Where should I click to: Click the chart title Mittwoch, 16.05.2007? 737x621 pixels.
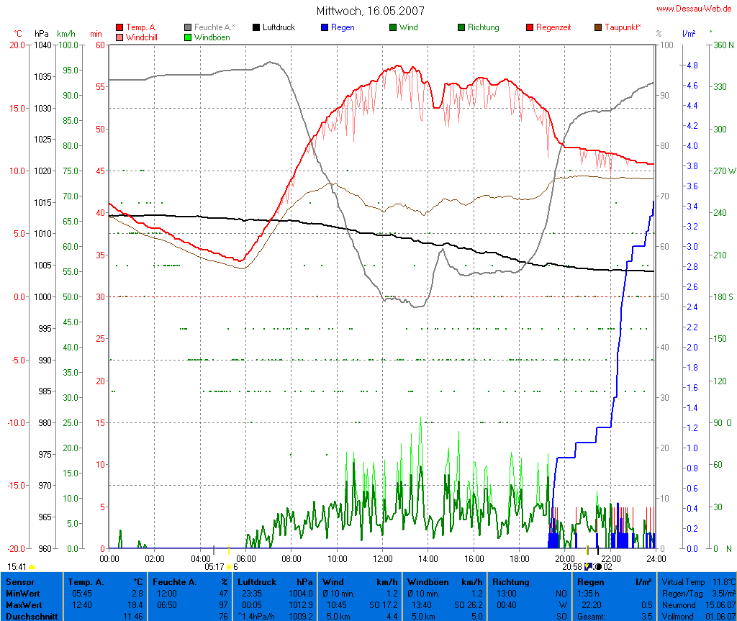370,11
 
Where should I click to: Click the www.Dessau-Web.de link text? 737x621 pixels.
694,9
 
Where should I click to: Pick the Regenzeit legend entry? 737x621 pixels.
553,27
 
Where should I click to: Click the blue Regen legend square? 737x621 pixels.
324,27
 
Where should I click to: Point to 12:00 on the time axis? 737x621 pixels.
382,558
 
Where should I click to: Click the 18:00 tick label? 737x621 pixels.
519,558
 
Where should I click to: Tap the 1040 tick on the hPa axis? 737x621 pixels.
42,45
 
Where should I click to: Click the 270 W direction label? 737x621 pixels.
723,171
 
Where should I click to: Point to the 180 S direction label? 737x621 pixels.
723,297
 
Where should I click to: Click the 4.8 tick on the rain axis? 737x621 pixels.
692,65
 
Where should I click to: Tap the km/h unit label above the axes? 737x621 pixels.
65,34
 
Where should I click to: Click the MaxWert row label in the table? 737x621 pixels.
22,604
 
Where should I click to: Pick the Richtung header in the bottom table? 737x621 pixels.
510,581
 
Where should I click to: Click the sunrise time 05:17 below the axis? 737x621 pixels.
214,567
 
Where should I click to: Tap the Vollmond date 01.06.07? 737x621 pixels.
720,615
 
